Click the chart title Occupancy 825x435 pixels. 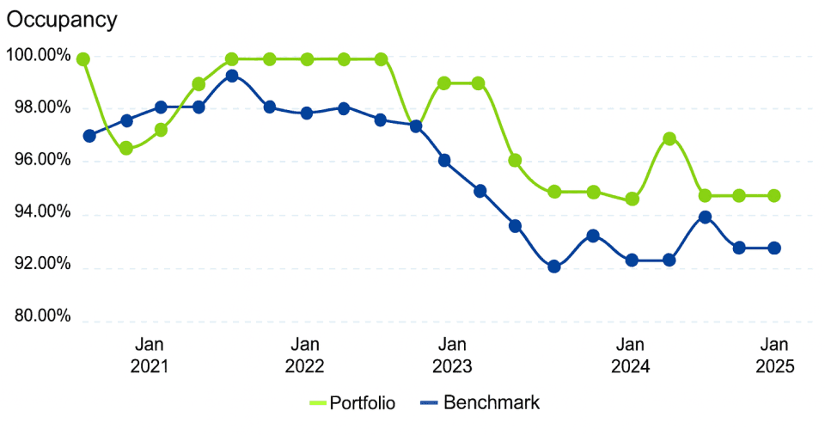(x=62, y=20)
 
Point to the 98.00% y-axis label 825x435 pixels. (x=40, y=108)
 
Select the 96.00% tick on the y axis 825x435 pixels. (x=40, y=161)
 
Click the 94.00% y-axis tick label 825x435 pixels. (x=40, y=213)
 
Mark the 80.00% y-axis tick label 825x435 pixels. (x=40, y=317)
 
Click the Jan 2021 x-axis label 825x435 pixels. (x=150, y=354)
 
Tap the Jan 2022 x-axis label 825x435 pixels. (x=304, y=354)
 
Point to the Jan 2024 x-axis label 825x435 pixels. (x=631, y=354)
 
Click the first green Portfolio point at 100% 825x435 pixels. (x=83, y=59)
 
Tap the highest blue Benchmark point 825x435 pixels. (x=232, y=76)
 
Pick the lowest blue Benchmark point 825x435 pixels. (x=554, y=267)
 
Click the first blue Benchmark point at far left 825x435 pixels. (x=89, y=135)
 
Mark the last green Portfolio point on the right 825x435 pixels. (x=774, y=195)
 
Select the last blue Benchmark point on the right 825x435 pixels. (x=774, y=248)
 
